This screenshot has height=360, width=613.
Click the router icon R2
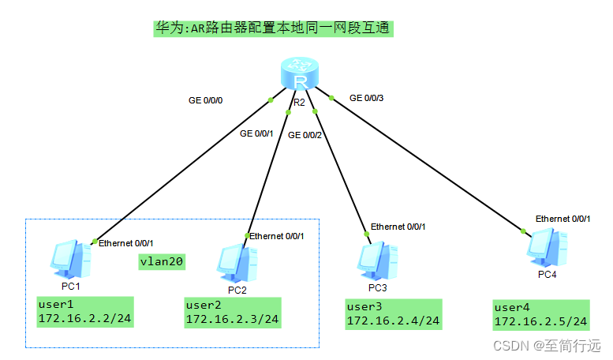300,77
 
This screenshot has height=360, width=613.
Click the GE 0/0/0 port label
207,100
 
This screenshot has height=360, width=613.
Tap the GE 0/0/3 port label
367,98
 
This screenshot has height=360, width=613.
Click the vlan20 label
162,262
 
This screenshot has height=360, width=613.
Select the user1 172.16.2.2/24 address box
84,311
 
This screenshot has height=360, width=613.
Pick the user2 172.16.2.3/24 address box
232,312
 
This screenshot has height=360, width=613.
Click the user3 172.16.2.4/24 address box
393,314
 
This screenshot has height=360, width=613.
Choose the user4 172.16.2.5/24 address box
540,314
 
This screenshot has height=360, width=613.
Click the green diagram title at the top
273,29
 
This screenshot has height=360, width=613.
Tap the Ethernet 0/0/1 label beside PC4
563,218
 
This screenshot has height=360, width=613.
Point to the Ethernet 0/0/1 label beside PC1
126,243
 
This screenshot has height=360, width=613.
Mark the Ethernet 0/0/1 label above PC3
398,227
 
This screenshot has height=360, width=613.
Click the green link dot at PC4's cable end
522,231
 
